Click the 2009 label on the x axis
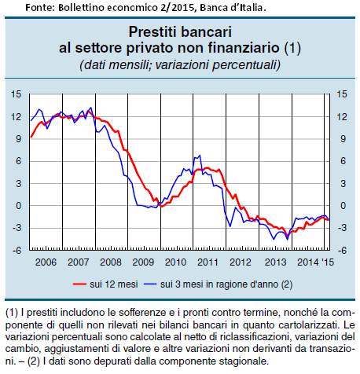[x=143, y=262]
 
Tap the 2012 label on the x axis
[x=241, y=262]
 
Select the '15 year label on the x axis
[x=328, y=262]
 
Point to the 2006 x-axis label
[x=46, y=262]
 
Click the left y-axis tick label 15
[x=16, y=94]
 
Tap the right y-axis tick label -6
[x=342, y=251]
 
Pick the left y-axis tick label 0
[x=18, y=206]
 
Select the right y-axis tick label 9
[x=343, y=139]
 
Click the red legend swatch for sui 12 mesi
[x=79, y=284]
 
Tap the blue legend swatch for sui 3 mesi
[x=150, y=284]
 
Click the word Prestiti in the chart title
[x=152, y=32]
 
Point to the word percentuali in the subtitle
[x=246, y=64]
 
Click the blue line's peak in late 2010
[x=200, y=156]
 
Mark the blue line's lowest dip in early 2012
[x=230, y=226]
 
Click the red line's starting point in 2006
[x=31, y=137]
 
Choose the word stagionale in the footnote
[x=244, y=361]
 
